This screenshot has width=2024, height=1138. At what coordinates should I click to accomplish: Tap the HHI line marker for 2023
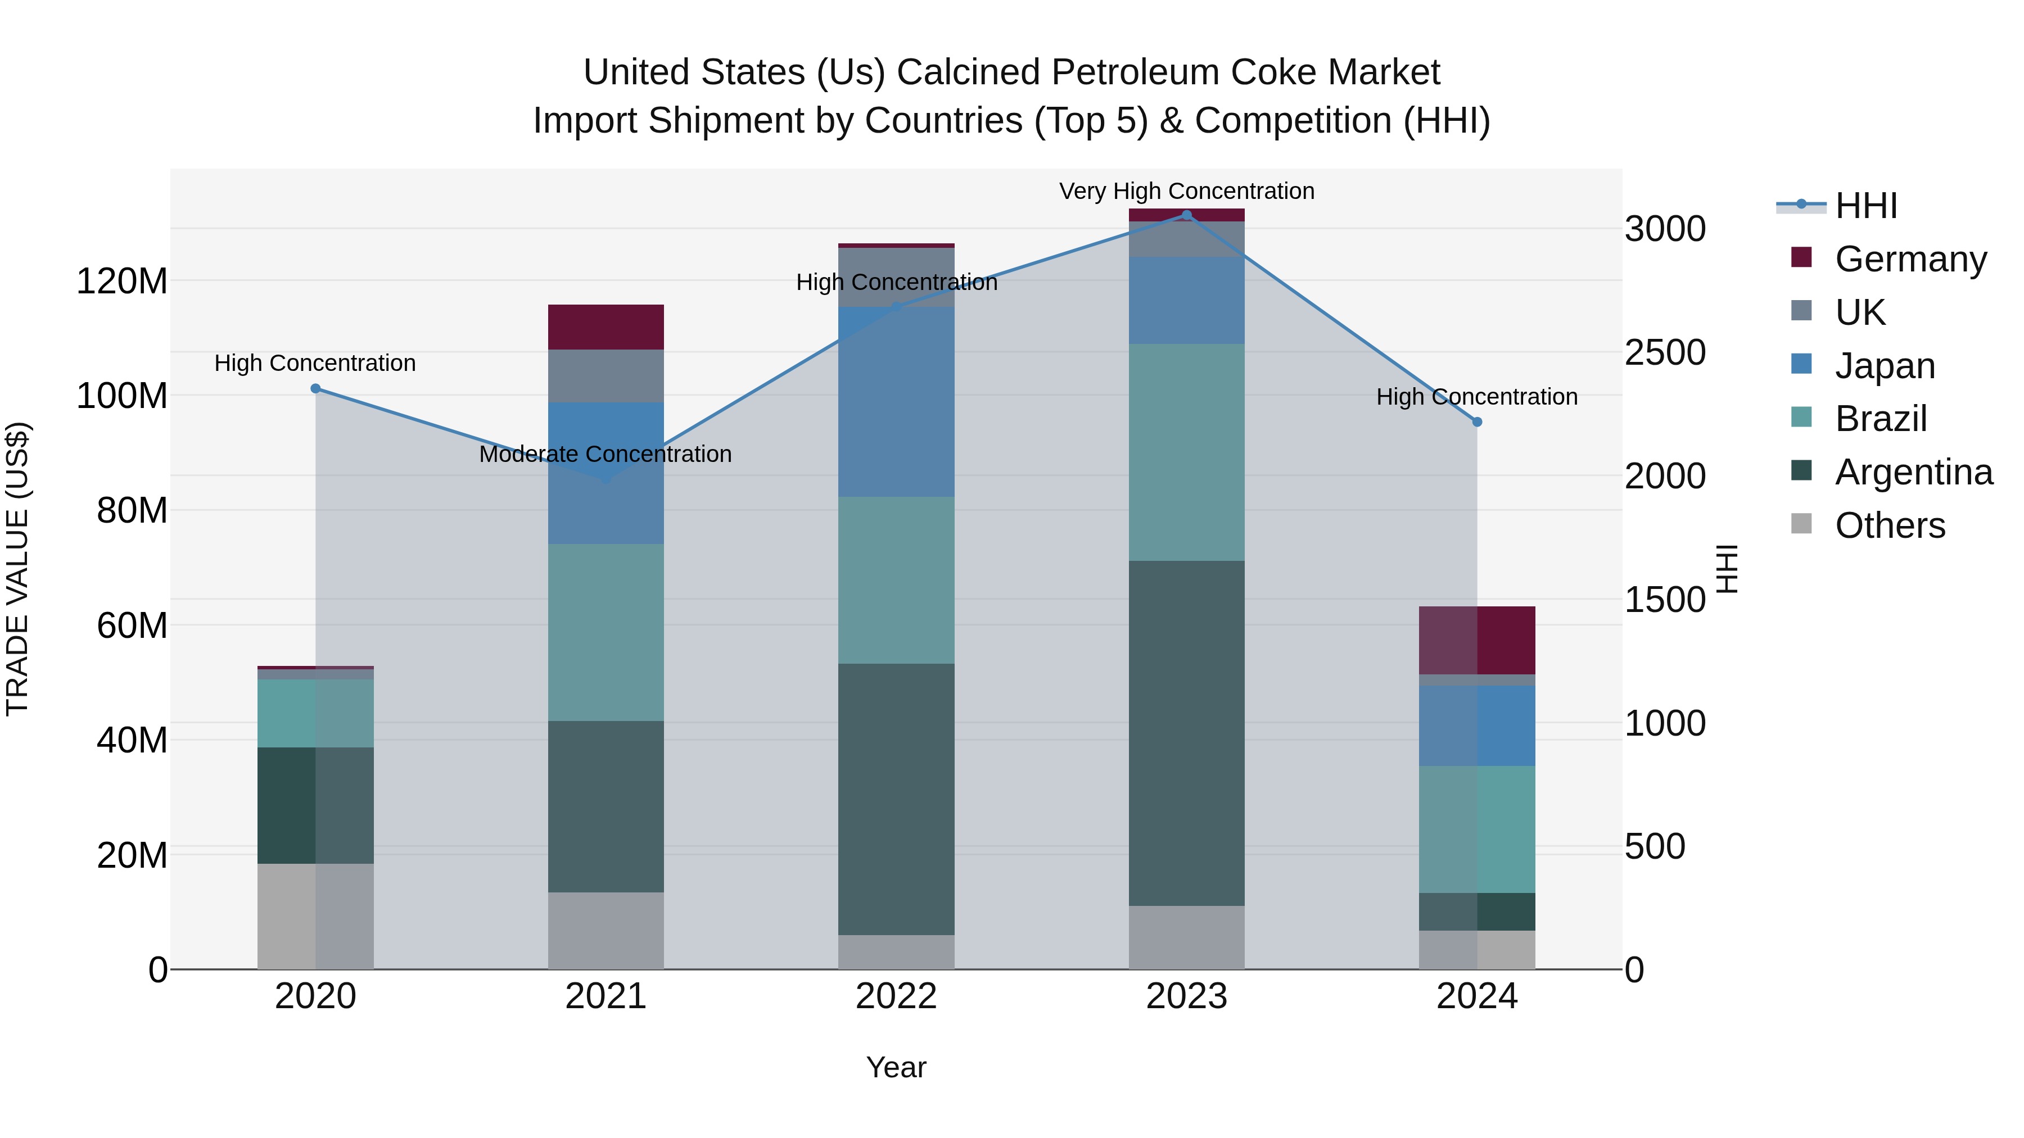[x=1186, y=215]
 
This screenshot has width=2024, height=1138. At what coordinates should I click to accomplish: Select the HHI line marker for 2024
[x=1476, y=421]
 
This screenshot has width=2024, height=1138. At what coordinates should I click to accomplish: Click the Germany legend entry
[x=1910, y=259]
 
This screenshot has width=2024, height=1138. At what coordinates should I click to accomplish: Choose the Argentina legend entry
[x=1913, y=472]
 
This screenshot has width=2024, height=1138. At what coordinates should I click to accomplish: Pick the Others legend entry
[x=1890, y=525]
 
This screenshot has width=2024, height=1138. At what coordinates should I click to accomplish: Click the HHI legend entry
[x=1865, y=206]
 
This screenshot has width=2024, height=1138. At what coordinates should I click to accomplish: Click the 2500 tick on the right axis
[x=1665, y=352]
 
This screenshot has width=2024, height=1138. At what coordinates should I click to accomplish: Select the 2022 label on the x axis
[x=896, y=996]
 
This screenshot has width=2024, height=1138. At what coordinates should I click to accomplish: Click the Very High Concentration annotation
[x=1186, y=191]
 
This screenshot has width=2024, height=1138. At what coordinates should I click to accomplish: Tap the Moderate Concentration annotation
[x=605, y=454]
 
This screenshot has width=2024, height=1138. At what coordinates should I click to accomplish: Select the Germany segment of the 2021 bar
[x=605, y=327]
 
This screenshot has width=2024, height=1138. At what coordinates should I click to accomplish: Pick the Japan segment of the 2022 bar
[x=896, y=401]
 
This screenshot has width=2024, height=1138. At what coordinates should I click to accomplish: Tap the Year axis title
[x=896, y=1067]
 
